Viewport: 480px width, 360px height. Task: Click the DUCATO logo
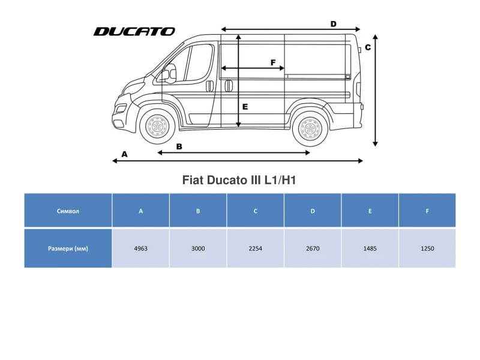coord(134,31)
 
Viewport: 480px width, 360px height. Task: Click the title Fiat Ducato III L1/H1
coord(239,179)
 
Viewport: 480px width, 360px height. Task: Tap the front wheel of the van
coord(157,127)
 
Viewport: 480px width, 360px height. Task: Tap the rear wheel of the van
coord(310,129)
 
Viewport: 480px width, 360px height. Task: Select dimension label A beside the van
coord(125,154)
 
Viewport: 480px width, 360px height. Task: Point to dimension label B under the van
coord(179,146)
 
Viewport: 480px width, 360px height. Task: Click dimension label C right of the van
coord(368,47)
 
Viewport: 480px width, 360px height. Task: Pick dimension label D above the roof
coord(333,24)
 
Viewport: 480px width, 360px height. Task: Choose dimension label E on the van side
coord(245,106)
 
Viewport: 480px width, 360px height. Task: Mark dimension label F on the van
coord(273,62)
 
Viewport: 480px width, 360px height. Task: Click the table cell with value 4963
coord(141,248)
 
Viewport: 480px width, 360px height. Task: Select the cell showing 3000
coord(198,248)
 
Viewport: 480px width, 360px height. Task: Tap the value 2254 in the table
coord(256,248)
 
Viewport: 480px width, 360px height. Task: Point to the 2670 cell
coord(313,248)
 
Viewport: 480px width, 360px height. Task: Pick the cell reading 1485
coord(370,248)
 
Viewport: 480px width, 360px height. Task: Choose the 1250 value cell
coord(427,248)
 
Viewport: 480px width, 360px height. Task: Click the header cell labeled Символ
coord(68,211)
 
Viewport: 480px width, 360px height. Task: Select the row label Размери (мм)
coord(68,248)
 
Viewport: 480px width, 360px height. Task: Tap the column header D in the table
coord(313,211)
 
